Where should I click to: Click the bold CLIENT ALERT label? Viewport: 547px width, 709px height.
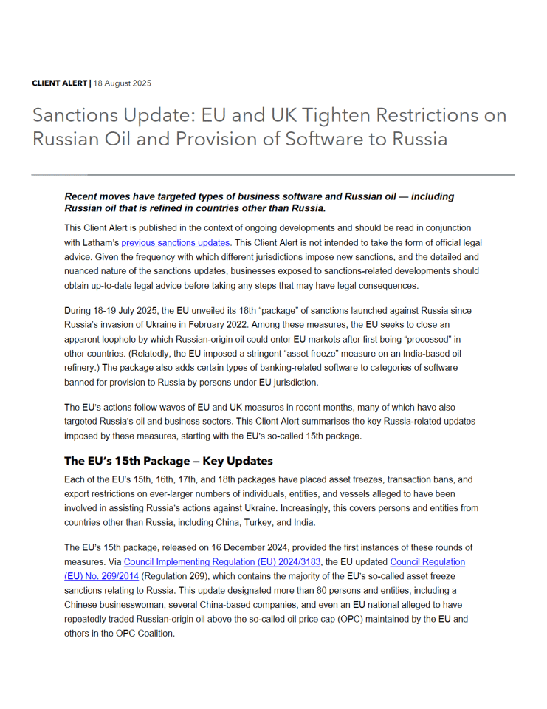tap(59, 83)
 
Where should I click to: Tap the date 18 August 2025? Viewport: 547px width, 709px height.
tap(123, 83)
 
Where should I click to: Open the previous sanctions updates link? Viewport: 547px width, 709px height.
tap(176, 242)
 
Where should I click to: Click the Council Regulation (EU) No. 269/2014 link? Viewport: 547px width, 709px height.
tap(427, 562)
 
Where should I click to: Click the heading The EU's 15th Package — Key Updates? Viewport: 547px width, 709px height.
tap(168, 461)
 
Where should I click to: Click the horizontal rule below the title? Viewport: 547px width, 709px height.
tap(273, 175)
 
